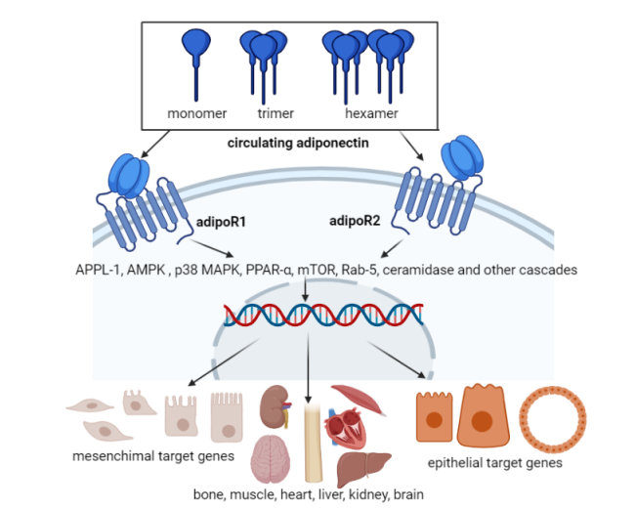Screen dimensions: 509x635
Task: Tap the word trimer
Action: click(263, 112)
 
